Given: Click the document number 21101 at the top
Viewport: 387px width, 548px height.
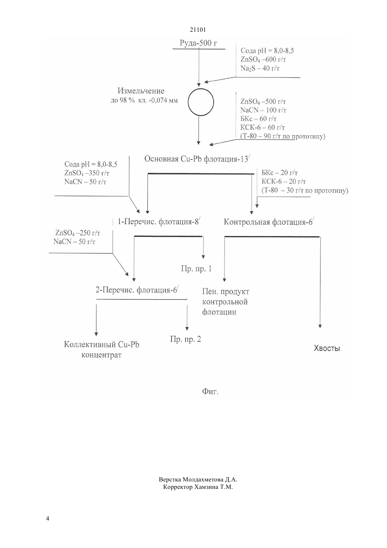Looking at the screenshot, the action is [198, 30].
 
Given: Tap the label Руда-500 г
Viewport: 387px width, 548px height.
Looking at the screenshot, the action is [198, 43].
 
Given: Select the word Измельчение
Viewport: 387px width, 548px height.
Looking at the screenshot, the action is [141, 91].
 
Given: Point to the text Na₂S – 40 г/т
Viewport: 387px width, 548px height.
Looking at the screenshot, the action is [260, 68].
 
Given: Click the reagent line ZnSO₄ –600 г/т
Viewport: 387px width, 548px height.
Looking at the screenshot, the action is [263, 60].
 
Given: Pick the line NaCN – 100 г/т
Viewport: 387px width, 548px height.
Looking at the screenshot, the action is [263, 110].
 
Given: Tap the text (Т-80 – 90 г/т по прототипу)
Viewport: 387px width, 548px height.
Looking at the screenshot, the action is [283, 136].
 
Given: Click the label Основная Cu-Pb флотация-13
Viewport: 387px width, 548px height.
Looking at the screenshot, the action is [197, 159].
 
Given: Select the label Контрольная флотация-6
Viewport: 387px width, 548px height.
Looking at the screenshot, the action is [268, 222].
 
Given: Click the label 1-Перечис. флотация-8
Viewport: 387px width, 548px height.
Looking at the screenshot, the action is [159, 222].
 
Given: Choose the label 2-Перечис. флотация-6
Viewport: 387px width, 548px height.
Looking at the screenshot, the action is [137, 290].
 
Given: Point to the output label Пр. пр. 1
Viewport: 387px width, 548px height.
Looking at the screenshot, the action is [196, 269].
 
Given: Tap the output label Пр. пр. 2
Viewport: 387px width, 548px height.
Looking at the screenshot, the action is [185, 339].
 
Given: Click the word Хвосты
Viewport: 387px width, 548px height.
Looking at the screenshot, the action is [326, 348].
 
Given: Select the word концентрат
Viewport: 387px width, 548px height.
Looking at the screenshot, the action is [101, 355].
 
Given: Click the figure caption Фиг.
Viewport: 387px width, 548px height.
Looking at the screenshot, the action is [210, 392].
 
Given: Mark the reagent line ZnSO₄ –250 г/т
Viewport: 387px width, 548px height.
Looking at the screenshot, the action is [78, 233].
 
